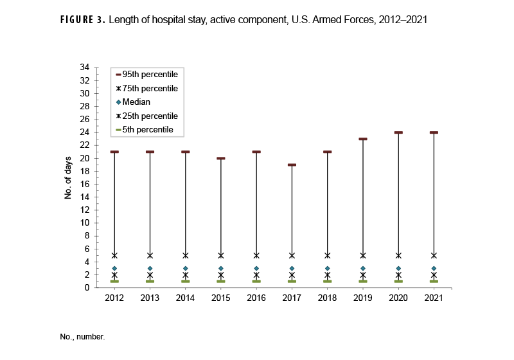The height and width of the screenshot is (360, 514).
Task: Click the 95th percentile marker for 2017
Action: point(292,165)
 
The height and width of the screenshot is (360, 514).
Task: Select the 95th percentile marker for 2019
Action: point(363,139)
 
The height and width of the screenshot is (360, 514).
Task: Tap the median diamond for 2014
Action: point(185,268)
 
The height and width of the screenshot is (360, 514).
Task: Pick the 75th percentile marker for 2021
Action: point(434,255)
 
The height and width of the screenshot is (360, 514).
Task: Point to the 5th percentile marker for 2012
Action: point(114,281)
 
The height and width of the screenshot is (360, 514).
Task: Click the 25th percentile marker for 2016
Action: point(256,274)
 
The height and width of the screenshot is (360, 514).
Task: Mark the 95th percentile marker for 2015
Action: point(221,158)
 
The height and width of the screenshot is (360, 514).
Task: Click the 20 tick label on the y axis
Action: point(84,158)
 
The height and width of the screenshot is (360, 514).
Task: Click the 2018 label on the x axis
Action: point(327,298)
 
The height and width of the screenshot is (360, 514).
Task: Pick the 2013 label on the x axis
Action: point(150,298)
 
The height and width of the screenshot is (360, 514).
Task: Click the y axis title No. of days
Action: point(67,177)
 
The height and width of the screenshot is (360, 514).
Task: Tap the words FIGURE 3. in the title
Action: point(83,20)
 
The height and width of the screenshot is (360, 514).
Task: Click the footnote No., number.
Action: point(84,336)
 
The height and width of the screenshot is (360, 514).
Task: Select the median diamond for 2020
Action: point(398,268)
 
